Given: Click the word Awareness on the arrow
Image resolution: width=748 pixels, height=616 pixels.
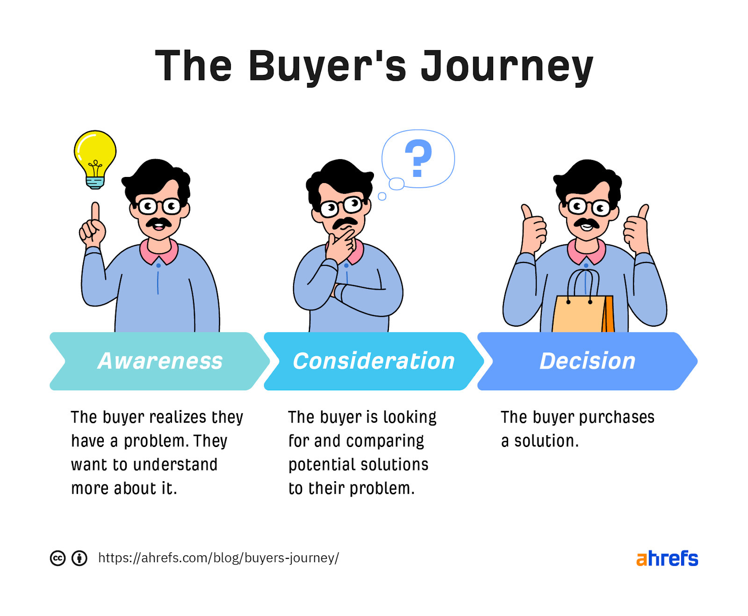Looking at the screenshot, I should pos(160,361).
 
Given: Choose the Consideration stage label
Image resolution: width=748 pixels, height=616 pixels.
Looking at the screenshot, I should pos(374,361).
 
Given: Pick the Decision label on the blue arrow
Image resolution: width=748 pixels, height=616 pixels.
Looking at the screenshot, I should pos(587,361).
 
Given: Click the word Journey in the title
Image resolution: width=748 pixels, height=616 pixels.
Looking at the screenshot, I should pos(507,66).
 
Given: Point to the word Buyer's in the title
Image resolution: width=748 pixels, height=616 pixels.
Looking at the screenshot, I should pos(327,66).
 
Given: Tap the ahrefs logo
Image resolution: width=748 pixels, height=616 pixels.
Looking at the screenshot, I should pos(667,558).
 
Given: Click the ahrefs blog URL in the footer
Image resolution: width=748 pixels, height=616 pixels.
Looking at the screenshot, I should pos(218,558).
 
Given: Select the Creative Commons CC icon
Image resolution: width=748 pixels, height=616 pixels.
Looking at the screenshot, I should pos(58,558).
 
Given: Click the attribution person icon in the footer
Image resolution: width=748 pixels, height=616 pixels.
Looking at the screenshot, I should pos(79,558).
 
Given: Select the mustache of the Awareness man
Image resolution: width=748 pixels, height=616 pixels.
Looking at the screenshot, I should pos(158,221).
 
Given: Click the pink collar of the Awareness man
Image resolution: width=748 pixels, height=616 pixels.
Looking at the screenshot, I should pos(158,253).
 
